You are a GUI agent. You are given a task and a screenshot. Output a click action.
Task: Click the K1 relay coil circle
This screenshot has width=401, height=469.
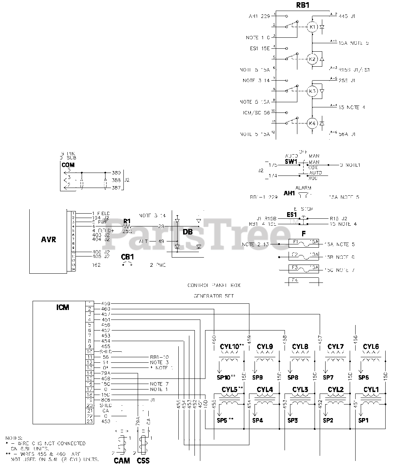(312, 27)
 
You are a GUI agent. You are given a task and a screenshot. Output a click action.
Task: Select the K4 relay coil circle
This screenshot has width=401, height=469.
(312, 123)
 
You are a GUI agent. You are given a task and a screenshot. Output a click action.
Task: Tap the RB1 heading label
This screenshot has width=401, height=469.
(303, 6)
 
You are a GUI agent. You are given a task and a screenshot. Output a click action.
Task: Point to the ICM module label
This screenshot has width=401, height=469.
(63, 307)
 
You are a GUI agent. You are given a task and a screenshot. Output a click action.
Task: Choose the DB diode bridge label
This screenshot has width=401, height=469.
(187, 232)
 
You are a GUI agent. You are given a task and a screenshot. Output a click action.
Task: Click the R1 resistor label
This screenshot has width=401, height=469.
(127, 221)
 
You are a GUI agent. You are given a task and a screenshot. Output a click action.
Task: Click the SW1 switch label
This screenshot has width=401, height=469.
(291, 162)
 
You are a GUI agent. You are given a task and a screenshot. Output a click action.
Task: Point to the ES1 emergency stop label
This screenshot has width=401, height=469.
(292, 215)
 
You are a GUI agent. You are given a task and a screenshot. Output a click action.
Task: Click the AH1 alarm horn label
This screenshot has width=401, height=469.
(289, 193)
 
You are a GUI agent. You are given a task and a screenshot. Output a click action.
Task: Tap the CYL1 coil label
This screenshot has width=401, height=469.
(371, 389)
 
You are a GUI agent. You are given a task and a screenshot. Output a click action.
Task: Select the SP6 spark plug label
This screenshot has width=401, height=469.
(363, 377)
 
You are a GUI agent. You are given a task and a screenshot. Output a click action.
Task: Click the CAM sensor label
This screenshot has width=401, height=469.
(122, 461)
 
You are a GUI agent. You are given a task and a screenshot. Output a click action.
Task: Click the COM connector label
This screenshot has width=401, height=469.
(68, 165)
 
